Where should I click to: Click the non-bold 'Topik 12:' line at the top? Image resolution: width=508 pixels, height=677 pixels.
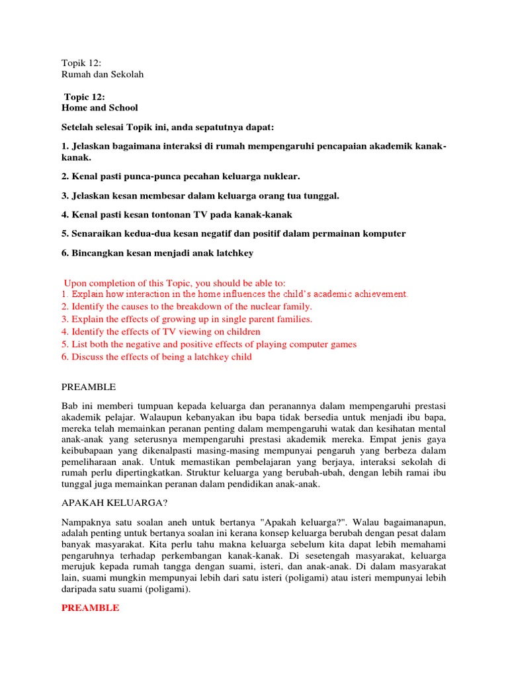81,62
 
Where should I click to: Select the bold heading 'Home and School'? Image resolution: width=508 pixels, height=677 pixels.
100,108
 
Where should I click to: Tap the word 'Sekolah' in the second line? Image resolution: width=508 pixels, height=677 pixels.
127,74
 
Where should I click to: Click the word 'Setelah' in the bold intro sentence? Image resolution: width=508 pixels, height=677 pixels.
78,126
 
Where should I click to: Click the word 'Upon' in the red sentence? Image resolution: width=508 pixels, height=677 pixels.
75,283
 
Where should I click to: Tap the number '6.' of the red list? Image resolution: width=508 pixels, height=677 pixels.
65,357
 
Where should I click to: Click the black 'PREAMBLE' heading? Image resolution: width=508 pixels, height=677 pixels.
88,387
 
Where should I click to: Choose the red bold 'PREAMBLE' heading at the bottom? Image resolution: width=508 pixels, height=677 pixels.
90,608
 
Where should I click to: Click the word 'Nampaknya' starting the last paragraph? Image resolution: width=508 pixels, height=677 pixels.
85,522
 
